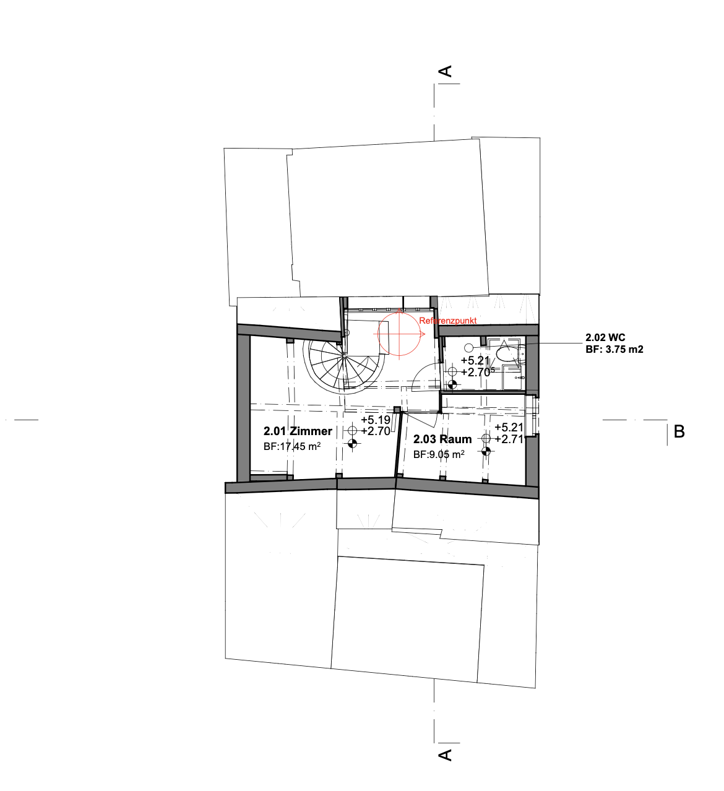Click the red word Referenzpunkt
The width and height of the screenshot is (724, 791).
pos(447,321)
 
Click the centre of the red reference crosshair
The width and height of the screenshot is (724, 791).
pos(399,334)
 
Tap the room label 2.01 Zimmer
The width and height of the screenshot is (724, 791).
pos(298,431)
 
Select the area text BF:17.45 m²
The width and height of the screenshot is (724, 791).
pos(292,446)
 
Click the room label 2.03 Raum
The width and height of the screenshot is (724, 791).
pos(442,439)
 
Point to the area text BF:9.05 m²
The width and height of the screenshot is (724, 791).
pos(439,454)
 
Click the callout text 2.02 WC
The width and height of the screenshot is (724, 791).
pos(605,337)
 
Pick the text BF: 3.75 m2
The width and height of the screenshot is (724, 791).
pos(614,349)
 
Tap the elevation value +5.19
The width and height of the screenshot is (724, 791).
pos(376,420)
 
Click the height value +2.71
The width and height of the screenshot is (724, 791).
pos(509,439)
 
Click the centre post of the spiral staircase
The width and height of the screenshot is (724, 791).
pos(344,356)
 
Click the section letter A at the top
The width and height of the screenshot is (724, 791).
pos(446,71)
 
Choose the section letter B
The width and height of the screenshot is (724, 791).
pos(679,432)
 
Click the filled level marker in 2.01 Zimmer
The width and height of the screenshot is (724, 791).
pos(353,444)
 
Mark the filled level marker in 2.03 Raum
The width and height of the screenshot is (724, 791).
pos(486,451)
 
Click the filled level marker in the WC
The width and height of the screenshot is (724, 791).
pos(452,384)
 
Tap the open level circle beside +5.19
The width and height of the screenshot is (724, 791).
pos(353,430)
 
